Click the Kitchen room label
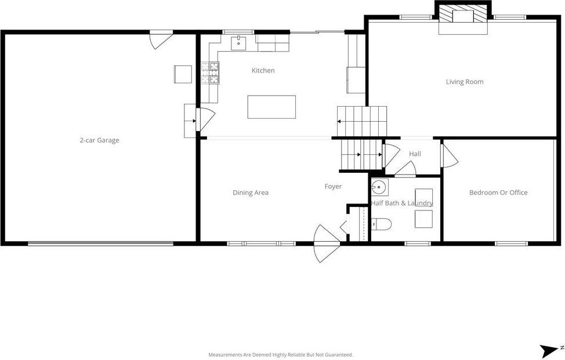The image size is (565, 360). tap(263, 71)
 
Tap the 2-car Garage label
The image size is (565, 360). tap(99, 140)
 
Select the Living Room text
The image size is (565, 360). tap(465, 82)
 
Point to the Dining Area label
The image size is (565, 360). tap(251, 192)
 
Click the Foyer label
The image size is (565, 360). tap(333, 187)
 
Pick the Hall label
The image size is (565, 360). tap(415, 154)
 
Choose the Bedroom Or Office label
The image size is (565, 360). tap(498, 192)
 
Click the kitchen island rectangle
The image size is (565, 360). tap(271, 107)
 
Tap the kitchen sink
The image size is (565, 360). tap(238, 43)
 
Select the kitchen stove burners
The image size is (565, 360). tap(210, 72)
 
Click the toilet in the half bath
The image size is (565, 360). tap(381, 224)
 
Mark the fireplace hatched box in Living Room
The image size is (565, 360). tap(463, 14)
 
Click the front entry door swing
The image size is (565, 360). tap(326, 243)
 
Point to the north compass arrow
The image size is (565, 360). tap(548, 351)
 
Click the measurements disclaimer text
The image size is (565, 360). tap(281, 355)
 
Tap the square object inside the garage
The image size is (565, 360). tap(183, 74)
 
